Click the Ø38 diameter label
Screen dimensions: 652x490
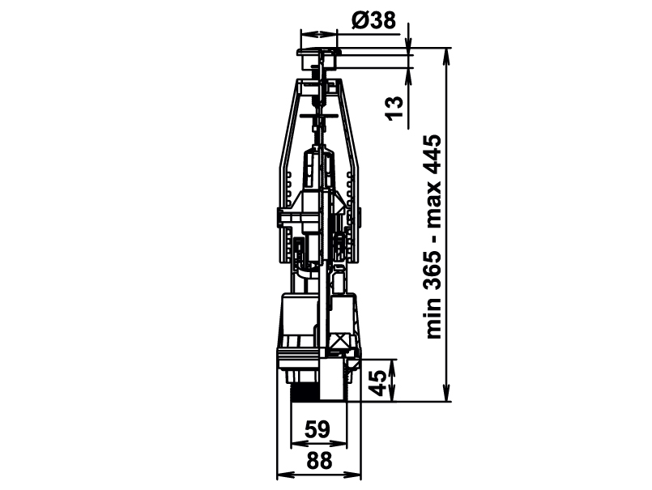[373, 20]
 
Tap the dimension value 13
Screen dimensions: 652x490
[394, 109]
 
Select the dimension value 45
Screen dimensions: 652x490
[377, 382]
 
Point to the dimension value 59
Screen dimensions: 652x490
[317, 429]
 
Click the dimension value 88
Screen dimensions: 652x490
[319, 461]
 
